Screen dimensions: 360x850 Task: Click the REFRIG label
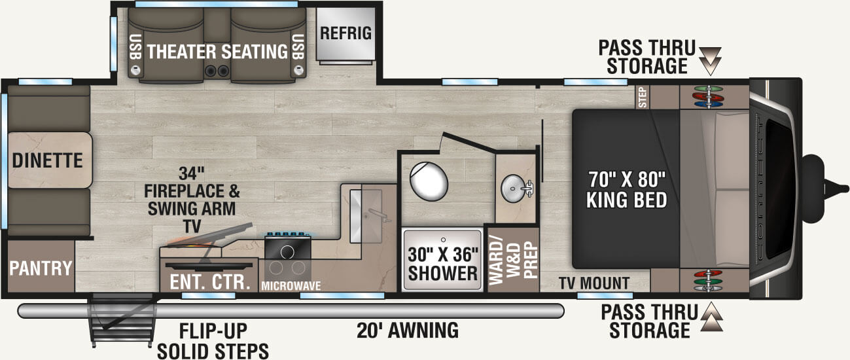point(345,33)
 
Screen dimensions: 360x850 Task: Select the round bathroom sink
point(514,189)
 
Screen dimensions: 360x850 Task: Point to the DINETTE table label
point(47,159)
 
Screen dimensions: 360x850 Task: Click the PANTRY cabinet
point(40,267)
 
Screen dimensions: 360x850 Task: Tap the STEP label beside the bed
point(643,97)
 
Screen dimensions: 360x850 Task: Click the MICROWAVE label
point(287,286)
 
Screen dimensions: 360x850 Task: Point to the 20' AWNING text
point(407,330)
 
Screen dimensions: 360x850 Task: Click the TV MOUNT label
point(594,283)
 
